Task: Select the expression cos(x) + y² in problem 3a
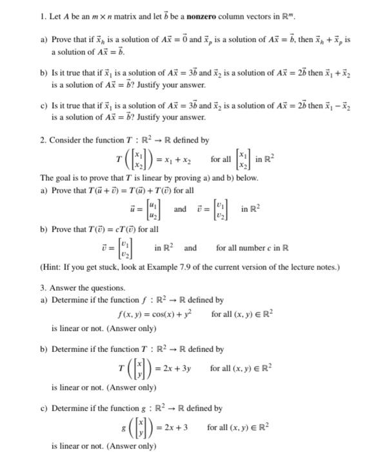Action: pos(162,314)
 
